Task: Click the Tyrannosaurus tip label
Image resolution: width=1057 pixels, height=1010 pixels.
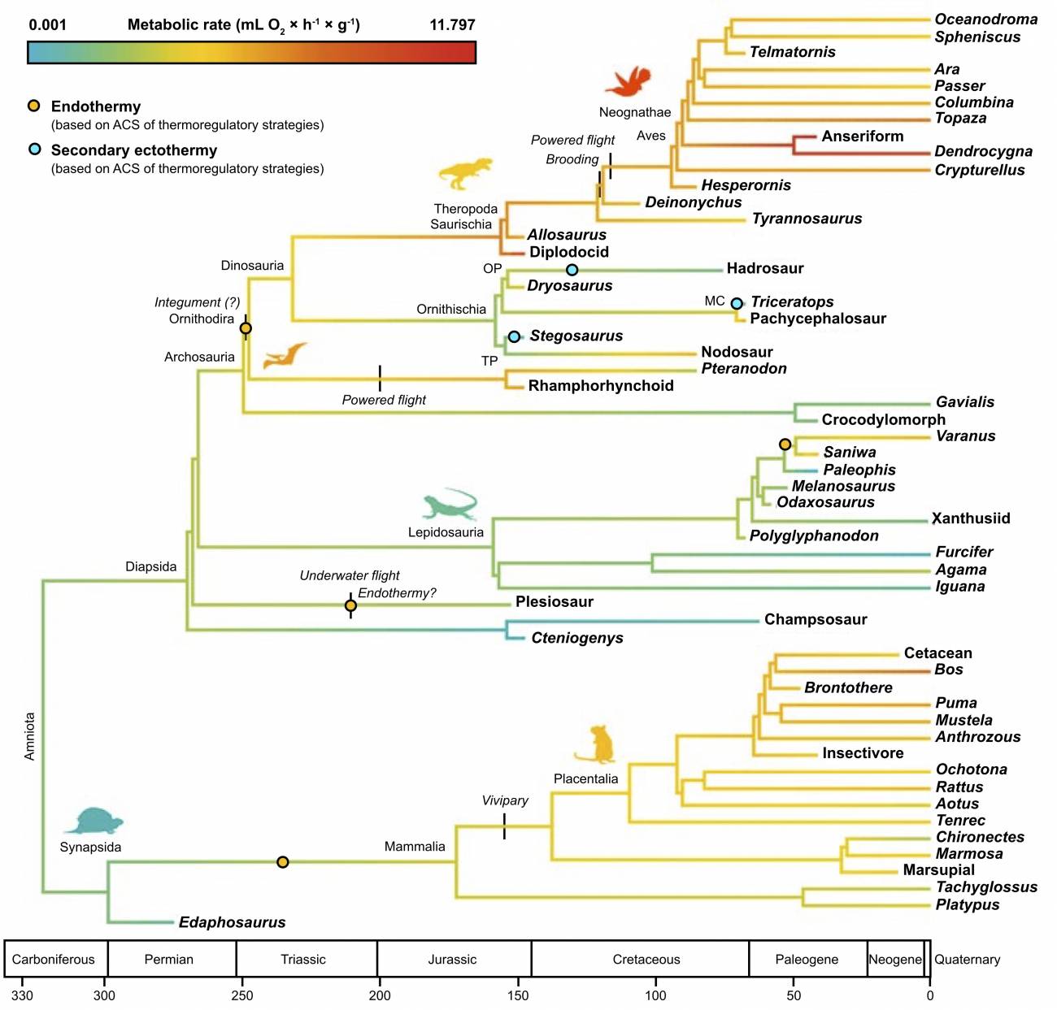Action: (x=807, y=219)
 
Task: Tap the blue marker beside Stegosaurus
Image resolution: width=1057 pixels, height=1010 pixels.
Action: (x=514, y=336)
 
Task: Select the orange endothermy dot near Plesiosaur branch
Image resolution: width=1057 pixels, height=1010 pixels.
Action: (x=350, y=605)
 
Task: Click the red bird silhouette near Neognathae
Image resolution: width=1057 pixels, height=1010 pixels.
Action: (x=628, y=81)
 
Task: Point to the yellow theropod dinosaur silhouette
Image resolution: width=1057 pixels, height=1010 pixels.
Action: (x=465, y=172)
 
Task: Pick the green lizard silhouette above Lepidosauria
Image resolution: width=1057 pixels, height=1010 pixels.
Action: (x=450, y=505)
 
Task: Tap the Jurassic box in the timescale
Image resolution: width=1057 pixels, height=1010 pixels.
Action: (x=453, y=959)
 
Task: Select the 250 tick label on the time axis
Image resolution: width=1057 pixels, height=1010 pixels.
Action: (x=241, y=995)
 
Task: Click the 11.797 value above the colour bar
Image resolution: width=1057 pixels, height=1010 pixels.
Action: (x=452, y=24)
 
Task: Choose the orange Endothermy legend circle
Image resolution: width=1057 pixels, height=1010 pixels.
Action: (x=34, y=106)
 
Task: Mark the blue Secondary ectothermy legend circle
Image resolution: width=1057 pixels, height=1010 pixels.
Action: (x=34, y=150)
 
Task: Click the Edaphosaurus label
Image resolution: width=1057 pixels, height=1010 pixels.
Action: (x=232, y=922)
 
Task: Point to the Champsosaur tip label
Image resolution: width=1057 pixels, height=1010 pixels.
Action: (x=816, y=619)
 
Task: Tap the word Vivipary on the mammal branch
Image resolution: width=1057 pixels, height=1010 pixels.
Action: (x=505, y=800)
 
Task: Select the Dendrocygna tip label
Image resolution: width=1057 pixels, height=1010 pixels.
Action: (x=983, y=151)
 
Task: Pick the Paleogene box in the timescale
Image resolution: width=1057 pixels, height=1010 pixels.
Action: (x=807, y=959)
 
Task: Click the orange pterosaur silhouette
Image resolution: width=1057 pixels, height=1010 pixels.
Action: (x=285, y=355)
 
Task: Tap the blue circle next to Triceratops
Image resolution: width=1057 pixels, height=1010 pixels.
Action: (x=737, y=303)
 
